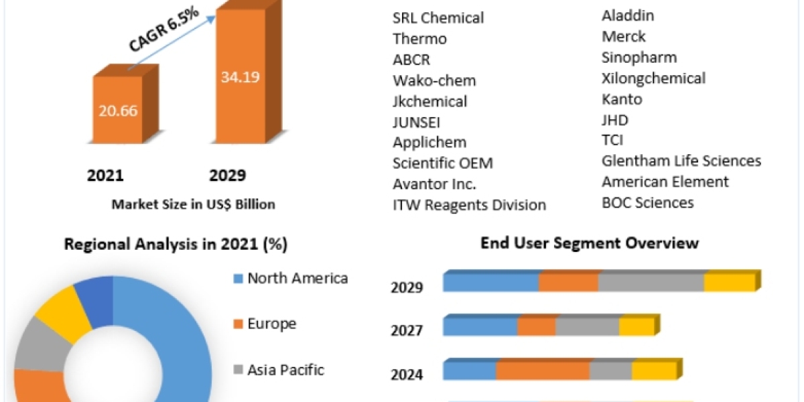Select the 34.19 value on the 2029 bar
[240, 76]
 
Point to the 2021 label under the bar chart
[105, 176]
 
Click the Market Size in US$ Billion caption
[193, 204]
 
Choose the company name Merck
[624, 36]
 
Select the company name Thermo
[419, 39]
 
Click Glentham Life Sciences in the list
[681, 161]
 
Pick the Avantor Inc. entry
[435, 184]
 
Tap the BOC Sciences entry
[647, 202]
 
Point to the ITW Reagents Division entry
[469, 205]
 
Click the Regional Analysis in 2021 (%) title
[176, 245]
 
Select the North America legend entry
[297, 278]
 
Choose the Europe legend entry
[271, 324]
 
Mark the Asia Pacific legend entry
[285, 369]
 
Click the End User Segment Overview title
[590, 243]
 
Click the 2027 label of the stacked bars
[407, 330]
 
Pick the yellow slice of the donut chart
[62, 309]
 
